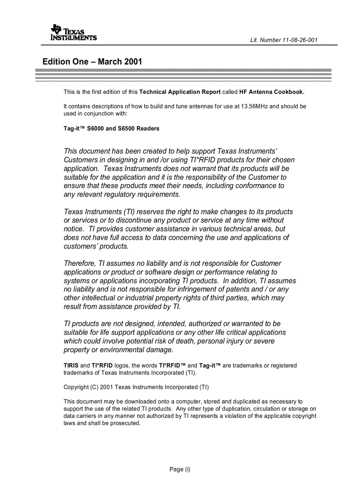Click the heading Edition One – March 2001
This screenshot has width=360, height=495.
pos(92,62)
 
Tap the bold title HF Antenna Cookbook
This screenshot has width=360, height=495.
pos(271,93)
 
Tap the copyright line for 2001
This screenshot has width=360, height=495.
pos(136,387)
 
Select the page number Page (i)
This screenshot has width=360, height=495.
pos(180,469)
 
